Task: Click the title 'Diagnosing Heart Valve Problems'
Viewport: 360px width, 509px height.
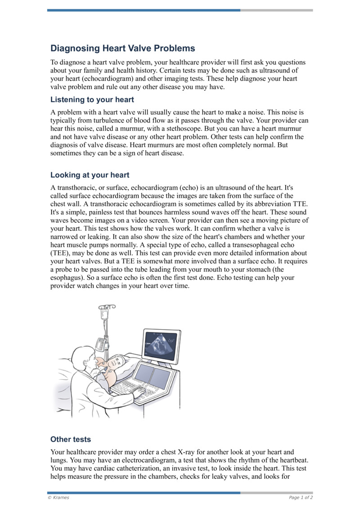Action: tap(122, 49)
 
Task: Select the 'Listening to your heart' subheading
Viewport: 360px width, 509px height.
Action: tap(92, 99)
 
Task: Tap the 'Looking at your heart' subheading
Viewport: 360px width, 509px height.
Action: tap(90, 175)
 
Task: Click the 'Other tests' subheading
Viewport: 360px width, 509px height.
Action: tap(71, 439)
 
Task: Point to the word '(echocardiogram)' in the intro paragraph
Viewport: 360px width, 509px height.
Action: tap(92, 79)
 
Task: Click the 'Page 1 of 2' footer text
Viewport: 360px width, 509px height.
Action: tap(301, 497)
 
